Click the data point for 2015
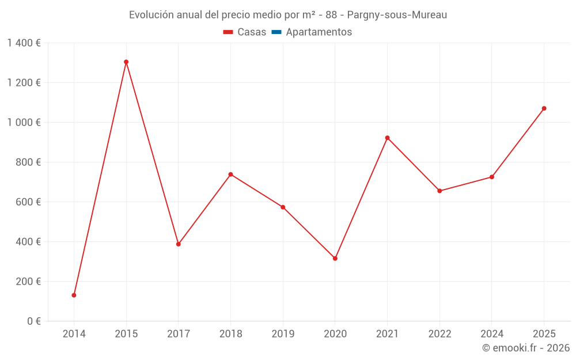(x=126, y=62)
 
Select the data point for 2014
(x=74, y=295)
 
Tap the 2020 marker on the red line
(x=335, y=258)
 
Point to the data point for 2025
(x=544, y=108)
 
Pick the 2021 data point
(x=387, y=138)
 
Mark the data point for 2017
(x=179, y=244)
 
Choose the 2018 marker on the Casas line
(x=230, y=174)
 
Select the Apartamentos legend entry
(x=319, y=32)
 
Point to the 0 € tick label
(x=34, y=321)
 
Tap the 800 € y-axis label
(x=29, y=162)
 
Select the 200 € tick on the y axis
(x=29, y=282)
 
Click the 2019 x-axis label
(x=283, y=334)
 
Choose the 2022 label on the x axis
(x=439, y=334)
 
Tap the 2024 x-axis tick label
(x=492, y=334)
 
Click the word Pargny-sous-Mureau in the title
(x=397, y=14)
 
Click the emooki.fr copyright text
(x=526, y=348)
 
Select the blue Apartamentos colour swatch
(x=276, y=32)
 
